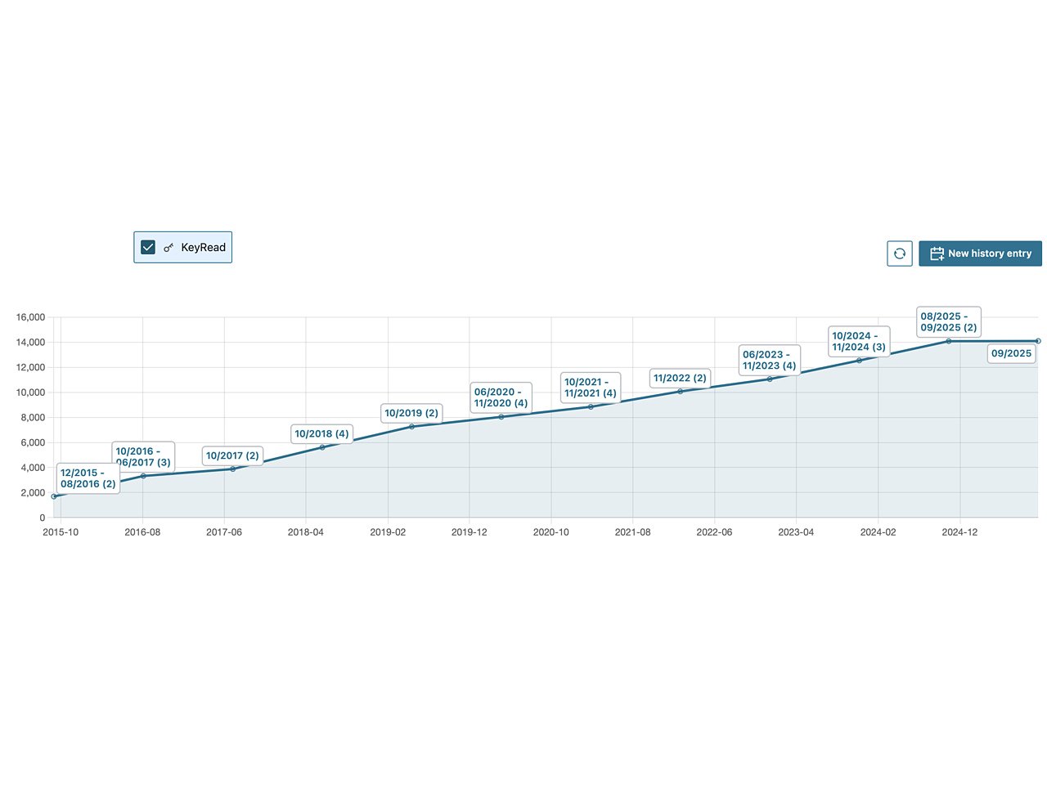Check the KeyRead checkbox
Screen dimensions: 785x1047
coord(148,247)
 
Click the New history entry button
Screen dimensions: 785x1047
coord(980,253)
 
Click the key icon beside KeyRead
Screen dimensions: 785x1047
coord(169,248)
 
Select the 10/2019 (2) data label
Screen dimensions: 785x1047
coord(411,413)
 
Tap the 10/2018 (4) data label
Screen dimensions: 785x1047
coord(321,433)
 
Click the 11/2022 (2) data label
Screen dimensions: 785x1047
coord(680,378)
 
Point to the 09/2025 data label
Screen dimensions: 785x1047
coord(1011,353)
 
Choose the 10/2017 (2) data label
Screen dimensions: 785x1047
coord(232,455)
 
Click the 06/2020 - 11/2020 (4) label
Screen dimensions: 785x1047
coord(501,397)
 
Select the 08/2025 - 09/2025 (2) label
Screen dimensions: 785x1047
coord(948,321)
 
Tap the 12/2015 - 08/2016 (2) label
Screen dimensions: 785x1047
coord(88,478)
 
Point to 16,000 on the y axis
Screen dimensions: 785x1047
coord(31,317)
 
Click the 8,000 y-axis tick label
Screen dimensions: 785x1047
coord(33,418)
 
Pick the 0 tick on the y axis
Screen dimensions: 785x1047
coord(42,518)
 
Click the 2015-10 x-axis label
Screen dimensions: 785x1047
coord(61,532)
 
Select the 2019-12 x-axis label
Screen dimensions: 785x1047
coord(469,532)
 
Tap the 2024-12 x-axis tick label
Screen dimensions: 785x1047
coord(959,532)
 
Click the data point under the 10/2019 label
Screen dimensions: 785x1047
coord(411,427)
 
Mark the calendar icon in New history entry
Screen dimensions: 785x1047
coord(937,253)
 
